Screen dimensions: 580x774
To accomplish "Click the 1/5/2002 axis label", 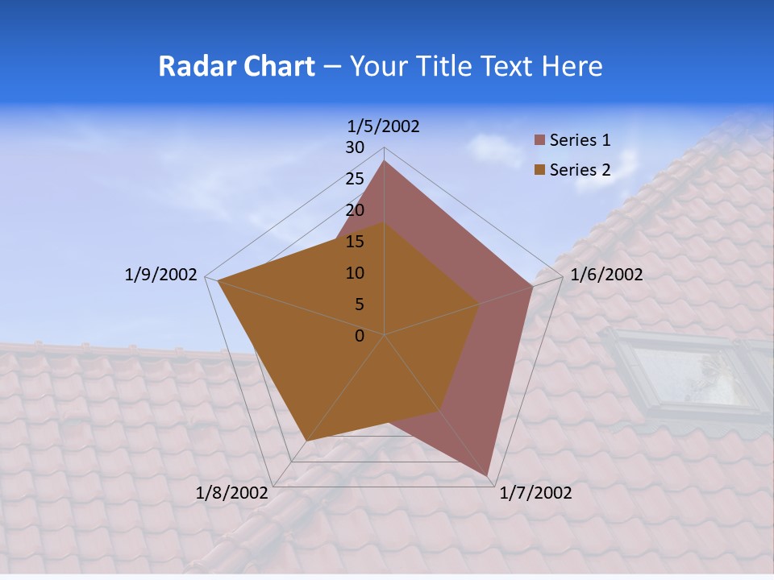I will pos(384,126).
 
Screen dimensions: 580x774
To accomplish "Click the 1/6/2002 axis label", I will pos(606,275).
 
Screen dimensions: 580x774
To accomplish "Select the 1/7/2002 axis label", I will pos(535,493).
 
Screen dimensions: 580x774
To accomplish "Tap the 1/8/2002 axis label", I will pos(231,493).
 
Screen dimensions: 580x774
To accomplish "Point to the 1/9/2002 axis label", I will pos(160,275).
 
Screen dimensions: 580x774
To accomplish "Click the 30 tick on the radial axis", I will pos(355,147).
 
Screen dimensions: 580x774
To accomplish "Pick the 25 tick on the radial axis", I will pos(355,179).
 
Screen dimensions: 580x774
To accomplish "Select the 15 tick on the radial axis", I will pos(355,242).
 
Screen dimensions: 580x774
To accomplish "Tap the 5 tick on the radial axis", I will pos(359,304).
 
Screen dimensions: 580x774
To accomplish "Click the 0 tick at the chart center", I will pos(360,336).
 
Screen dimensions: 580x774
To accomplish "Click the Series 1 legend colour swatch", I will pos(540,140).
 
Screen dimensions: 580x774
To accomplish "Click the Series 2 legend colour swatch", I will pos(540,170).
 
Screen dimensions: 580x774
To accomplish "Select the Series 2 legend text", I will pos(580,170).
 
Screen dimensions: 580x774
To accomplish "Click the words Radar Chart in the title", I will pos(236,66).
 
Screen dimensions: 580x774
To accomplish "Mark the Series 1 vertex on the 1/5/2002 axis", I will pos(384,160).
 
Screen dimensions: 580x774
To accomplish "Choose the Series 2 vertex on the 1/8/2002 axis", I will pos(306,441).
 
